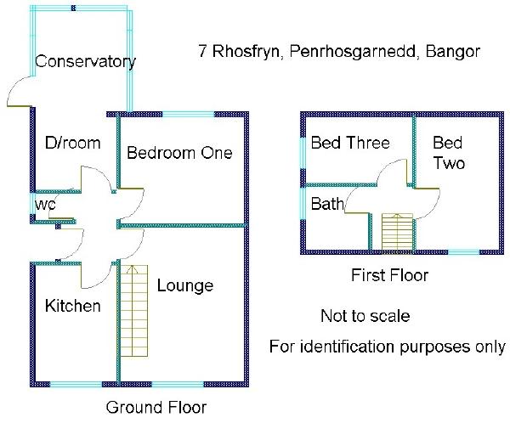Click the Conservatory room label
point(85,62)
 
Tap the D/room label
point(72,143)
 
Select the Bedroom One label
point(179,153)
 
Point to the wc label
point(44,205)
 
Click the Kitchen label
point(73,306)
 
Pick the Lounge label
point(184,285)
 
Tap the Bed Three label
point(350,142)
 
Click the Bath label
point(327,204)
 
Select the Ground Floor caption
point(156,407)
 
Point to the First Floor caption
point(389,275)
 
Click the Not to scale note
point(365,316)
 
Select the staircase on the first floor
point(396,232)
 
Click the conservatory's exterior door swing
point(19,92)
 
